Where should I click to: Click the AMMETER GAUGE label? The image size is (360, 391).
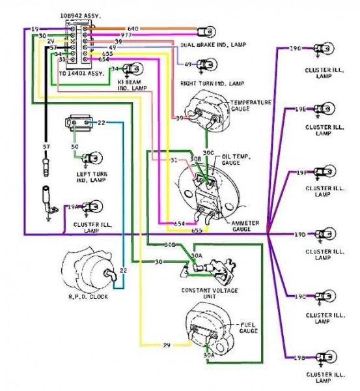(x=246, y=226)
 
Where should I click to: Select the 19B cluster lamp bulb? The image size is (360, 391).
(x=320, y=357)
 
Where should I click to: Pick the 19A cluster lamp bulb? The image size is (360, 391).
(x=94, y=207)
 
